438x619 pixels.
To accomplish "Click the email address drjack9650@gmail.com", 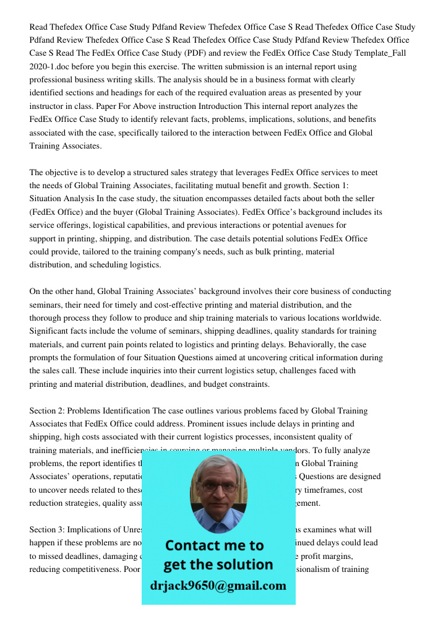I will coord(218,586).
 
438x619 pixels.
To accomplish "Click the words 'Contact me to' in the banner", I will coord(214,545).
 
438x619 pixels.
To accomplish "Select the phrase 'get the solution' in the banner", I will coord(218,565).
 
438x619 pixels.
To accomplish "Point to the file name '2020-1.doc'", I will coord(49,66).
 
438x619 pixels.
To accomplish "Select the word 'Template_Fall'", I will coord(379,53).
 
